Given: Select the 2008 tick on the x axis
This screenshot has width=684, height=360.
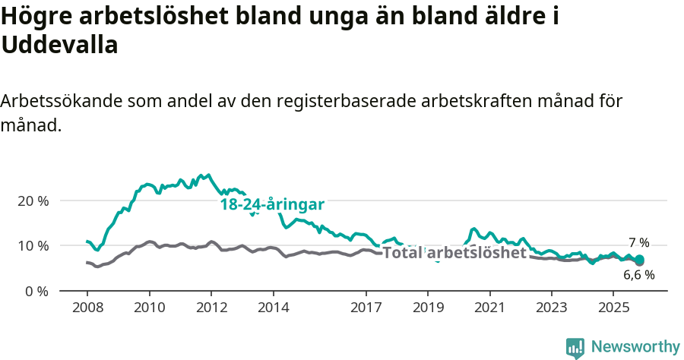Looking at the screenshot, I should tap(87, 308).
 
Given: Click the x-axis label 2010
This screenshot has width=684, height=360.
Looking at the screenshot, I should tap(149, 308).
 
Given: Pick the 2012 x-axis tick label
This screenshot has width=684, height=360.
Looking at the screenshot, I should tap(211, 308).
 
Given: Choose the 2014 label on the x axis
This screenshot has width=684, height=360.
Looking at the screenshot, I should tap(273, 308).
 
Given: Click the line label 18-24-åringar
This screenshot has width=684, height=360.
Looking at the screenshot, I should tap(272, 204).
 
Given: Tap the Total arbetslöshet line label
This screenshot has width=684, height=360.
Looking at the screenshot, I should tap(454, 253).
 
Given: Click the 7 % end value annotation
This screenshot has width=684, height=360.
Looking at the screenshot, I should tap(638, 243).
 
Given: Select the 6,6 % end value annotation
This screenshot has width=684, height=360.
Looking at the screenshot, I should tap(638, 275).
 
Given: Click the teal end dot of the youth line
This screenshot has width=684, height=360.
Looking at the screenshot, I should tap(640, 259).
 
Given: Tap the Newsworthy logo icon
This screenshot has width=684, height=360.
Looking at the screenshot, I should tap(575, 347).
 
